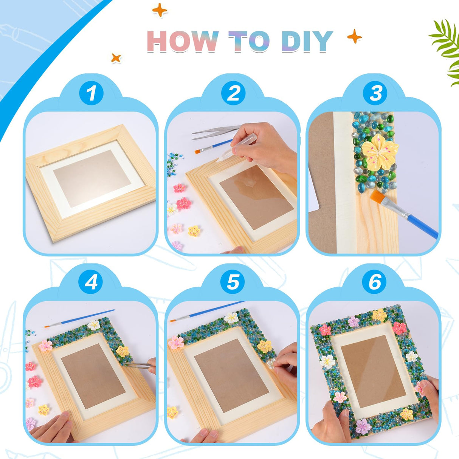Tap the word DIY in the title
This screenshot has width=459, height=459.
[x=307, y=41]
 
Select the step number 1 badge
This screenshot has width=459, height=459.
[x=91, y=93]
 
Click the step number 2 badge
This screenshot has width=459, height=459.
[x=233, y=93]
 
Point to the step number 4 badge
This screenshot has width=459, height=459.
[x=91, y=282]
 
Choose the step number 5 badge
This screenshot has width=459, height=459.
[x=233, y=282]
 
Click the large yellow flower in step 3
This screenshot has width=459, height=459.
[x=379, y=151]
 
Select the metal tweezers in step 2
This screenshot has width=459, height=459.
[x=214, y=132]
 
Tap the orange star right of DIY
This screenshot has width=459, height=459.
[x=354, y=37]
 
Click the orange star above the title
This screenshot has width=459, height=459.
[x=160, y=10]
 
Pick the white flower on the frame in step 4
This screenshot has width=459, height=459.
[x=94, y=324]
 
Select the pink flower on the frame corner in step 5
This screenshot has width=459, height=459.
[x=176, y=342]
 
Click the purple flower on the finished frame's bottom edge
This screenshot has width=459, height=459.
[x=363, y=426]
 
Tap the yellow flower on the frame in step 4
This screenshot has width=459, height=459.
[x=122, y=351]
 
